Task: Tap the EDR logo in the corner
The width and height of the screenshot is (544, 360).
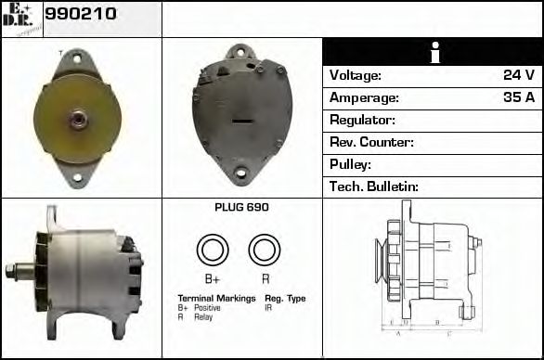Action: (x=21, y=18)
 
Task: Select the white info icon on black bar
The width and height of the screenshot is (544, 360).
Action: (x=433, y=53)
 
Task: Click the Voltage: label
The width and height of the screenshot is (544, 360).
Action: (x=356, y=75)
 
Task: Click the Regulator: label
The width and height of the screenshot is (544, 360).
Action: (x=363, y=120)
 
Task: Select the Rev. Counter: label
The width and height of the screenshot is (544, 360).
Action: (x=371, y=142)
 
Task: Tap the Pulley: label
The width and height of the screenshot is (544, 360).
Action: (x=351, y=164)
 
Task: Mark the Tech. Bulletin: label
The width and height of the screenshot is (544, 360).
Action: (x=374, y=186)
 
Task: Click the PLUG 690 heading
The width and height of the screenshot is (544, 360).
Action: (x=241, y=208)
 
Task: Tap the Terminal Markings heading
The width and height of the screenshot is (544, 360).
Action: (x=216, y=299)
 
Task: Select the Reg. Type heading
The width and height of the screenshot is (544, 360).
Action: (x=285, y=299)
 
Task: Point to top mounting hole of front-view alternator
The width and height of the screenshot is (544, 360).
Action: (x=75, y=58)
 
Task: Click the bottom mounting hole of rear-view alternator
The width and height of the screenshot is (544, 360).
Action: (x=240, y=173)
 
